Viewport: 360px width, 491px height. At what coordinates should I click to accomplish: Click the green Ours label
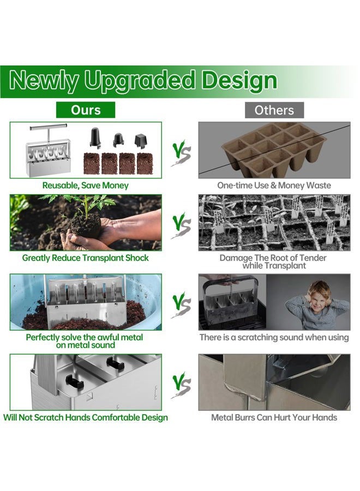point(86,110)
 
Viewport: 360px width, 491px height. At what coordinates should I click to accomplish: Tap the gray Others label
point(274,110)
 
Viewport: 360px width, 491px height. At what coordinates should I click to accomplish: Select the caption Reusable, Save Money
point(86,185)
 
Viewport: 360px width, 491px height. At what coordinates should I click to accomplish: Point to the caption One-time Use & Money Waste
point(274,185)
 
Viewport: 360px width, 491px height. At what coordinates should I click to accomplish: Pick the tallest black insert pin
point(95,137)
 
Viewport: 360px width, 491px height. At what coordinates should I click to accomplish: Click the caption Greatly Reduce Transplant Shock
point(86,258)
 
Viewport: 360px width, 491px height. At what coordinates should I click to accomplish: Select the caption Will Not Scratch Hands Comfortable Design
point(86,418)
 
